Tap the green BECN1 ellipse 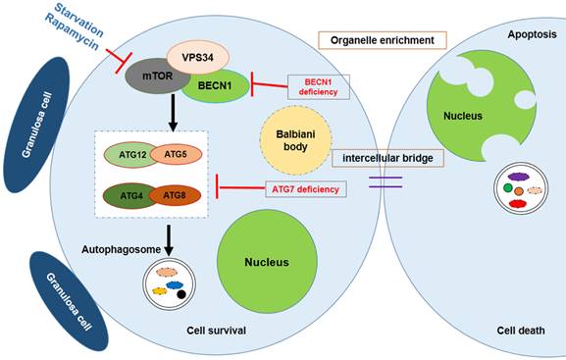click(215, 85)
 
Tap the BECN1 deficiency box click(319, 85)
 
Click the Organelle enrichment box click(382, 40)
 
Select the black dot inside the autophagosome click(182, 294)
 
